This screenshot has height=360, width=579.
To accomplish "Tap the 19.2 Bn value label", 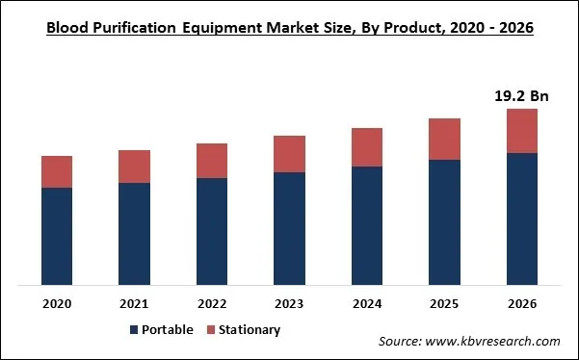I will pyautogui.click(x=521, y=95).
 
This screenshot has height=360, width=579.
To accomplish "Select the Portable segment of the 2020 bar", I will pyautogui.click(x=57, y=236).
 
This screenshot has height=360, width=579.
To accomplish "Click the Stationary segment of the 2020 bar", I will pyautogui.click(x=57, y=171).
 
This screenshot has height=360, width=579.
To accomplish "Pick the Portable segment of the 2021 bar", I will pyautogui.click(x=134, y=234).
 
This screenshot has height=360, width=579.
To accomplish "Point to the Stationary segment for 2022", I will pyautogui.click(x=212, y=161).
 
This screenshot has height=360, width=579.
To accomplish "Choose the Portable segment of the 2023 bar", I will pyautogui.click(x=289, y=228).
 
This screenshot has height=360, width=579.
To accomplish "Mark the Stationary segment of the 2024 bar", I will pyautogui.click(x=367, y=147).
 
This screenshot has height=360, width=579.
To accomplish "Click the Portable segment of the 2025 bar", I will pyautogui.click(x=444, y=222).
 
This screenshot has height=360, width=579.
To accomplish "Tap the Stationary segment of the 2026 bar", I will pyautogui.click(x=521, y=131).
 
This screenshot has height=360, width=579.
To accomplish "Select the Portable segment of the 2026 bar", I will pyautogui.click(x=521, y=219).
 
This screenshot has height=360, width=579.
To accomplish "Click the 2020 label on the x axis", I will pyautogui.click(x=57, y=304).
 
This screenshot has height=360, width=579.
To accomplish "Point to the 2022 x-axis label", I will pyautogui.click(x=212, y=304).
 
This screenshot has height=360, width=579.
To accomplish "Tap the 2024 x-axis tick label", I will pyautogui.click(x=367, y=304).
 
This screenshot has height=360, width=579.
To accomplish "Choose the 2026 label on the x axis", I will pyautogui.click(x=521, y=304).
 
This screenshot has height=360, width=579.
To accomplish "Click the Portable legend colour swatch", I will pyautogui.click(x=134, y=330).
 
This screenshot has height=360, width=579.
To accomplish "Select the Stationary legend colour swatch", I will pyautogui.click(x=210, y=330).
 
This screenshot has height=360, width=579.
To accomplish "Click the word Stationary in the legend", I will pyautogui.click(x=250, y=330).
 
